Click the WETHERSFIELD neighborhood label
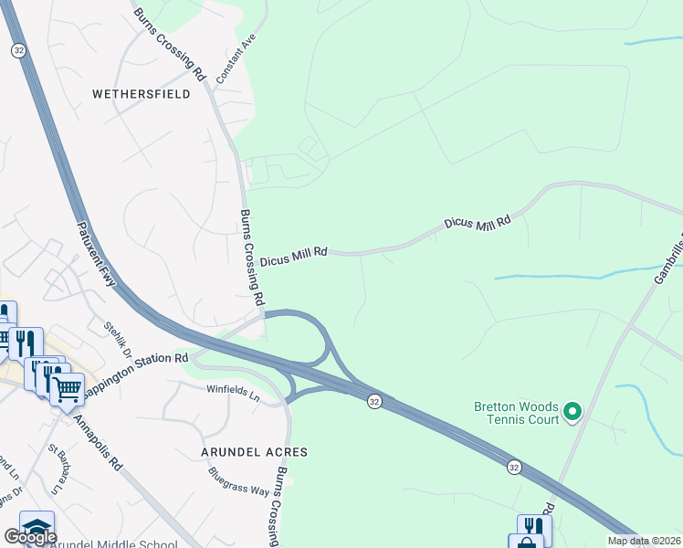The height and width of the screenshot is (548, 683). coord(141,94)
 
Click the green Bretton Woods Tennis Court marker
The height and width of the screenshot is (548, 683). coord(573,413)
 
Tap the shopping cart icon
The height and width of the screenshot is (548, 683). coord(68,390)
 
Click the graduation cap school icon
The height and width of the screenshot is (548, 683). coord(37,527)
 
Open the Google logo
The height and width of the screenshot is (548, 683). coord(30,537)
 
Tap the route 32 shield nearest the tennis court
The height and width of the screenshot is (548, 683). coord(515,467)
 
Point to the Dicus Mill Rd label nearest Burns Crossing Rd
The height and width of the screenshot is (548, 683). coord(293,260)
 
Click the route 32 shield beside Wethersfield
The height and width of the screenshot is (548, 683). coord(18,51)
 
